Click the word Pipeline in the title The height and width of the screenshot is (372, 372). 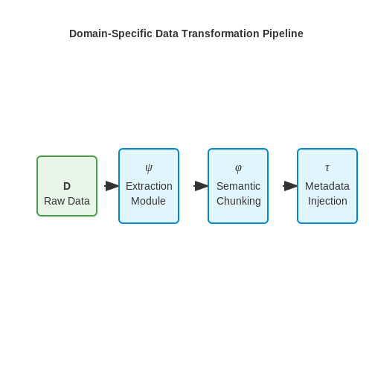pos(283,34)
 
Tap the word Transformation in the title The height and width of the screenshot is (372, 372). pos(220,33)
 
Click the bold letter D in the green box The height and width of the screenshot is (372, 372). pos(67,186)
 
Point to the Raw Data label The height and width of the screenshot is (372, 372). pos(67,201)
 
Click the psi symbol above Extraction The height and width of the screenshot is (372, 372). pos(149,168)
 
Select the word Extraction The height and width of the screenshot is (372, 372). pos(149,186)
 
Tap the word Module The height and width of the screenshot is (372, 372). pos(148,201)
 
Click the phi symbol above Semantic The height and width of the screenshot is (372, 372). pos(238,169)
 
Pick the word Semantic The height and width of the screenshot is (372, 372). pos(238,186)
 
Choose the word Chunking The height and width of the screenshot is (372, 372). pos(239,201)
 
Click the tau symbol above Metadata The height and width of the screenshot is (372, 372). pos(327,168)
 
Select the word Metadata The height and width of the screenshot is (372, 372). pos(327,186)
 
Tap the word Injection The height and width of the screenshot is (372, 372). pos(327,201)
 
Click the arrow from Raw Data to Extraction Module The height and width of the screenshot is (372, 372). pos(112,186)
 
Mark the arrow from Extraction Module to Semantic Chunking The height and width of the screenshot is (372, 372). pos(201,186)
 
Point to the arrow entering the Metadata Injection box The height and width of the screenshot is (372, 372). pos(290,186)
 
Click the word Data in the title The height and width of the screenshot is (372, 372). pos(167,33)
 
